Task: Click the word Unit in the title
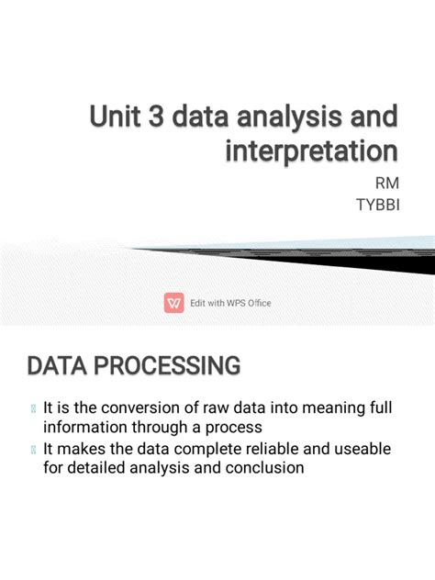[x=114, y=117]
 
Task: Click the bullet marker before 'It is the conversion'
[x=33, y=408]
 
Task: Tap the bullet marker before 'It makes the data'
[x=33, y=448]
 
